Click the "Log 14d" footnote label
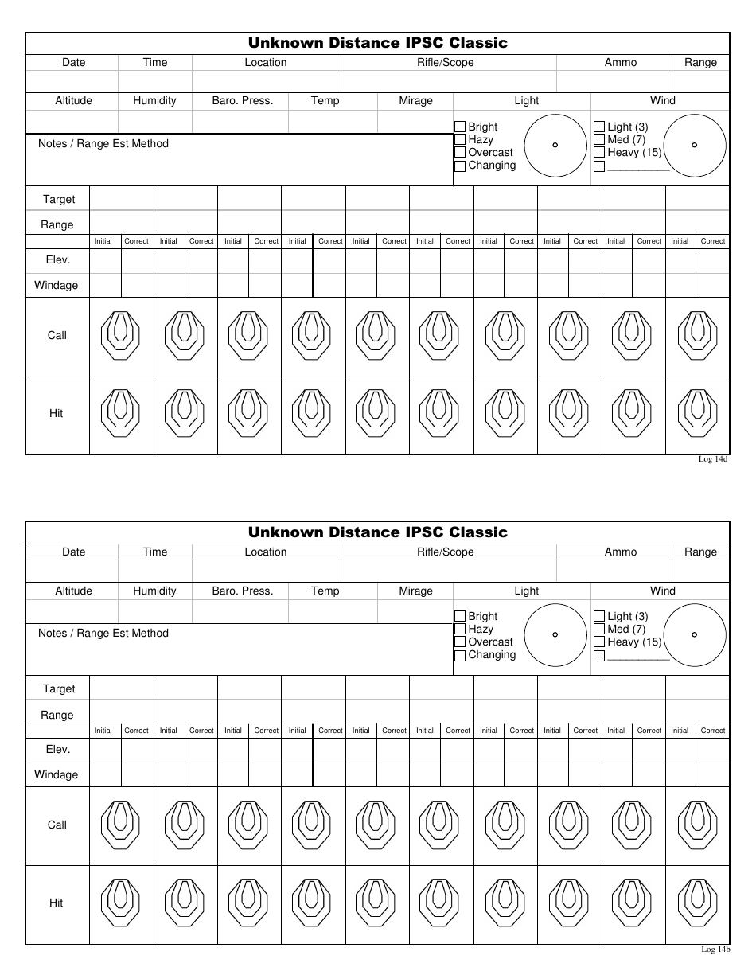pyautogui.click(x=713, y=459)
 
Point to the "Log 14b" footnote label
pyautogui.click(x=715, y=949)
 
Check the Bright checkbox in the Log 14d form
pyautogui.click(x=460, y=127)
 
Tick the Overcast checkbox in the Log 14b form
pyautogui.click(x=460, y=642)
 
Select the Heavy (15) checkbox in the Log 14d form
pyautogui.click(x=599, y=153)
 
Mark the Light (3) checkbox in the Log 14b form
pyautogui.click(x=599, y=616)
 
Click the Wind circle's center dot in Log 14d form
pyautogui.click(x=695, y=145)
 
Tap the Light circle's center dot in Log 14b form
pyautogui.click(x=555, y=634)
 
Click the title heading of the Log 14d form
pyautogui.click(x=377, y=43)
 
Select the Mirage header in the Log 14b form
pyautogui.click(x=415, y=591)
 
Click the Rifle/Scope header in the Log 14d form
pyautogui.click(x=446, y=63)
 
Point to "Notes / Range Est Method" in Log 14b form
pyautogui.click(x=103, y=634)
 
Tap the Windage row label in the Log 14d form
pyautogui.click(x=57, y=285)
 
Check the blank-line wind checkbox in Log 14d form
pyautogui.click(x=599, y=166)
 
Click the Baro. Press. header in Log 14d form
pyautogui.click(x=243, y=101)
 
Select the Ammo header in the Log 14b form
pyautogui.click(x=621, y=552)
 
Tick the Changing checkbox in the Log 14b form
pyautogui.click(x=460, y=656)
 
